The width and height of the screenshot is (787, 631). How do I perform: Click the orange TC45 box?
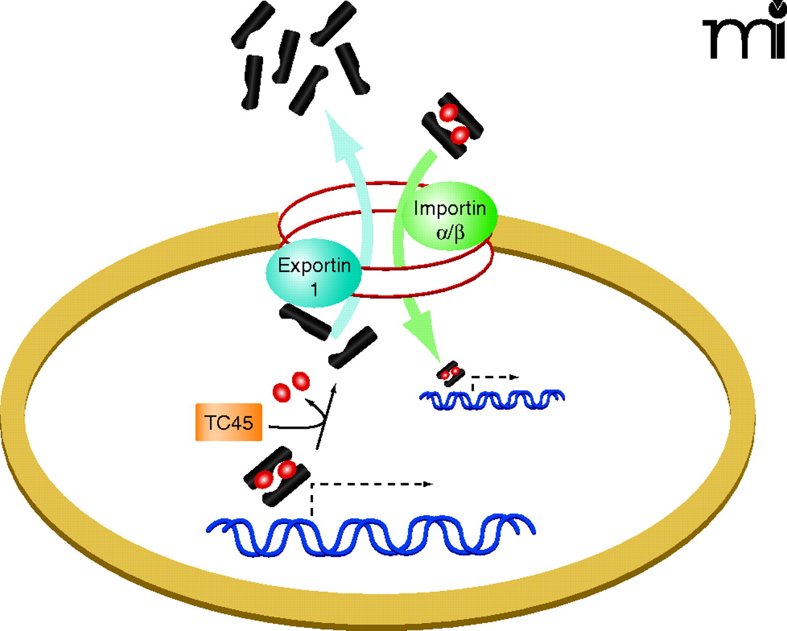pyautogui.click(x=229, y=423)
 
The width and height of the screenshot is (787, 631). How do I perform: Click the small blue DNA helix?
pyautogui.click(x=492, y=400)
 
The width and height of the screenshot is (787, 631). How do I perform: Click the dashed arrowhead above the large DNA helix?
pyautogui.click(x=427, y=484)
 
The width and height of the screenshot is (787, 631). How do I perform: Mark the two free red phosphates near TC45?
pyautogui.click(x=291, y=387)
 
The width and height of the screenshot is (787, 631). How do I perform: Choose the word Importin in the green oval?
pyautogui.click(x=449, y=208)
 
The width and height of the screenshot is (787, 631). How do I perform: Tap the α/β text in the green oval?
pyautogui.click(x=450, y=232)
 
